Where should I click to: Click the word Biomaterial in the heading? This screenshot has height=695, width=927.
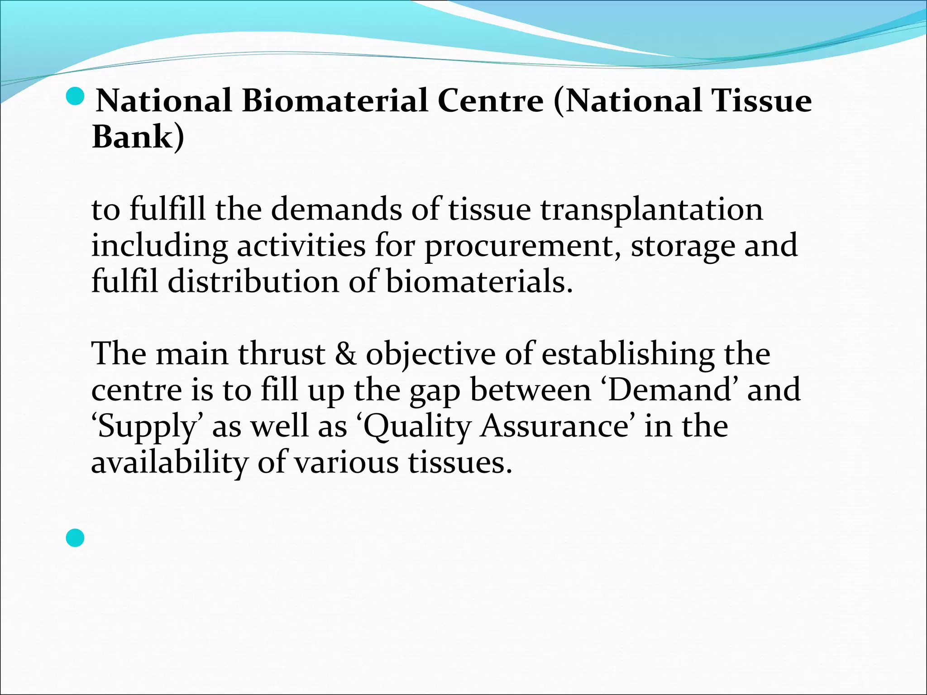click(334, 100)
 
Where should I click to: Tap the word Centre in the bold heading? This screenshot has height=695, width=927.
click(490, 100)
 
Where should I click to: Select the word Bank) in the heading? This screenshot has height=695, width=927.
click(138, 137)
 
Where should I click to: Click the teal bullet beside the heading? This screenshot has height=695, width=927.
click(75, 96)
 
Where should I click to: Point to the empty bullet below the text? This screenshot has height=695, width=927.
click(75, 538)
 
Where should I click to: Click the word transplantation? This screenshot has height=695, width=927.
click(652, 210)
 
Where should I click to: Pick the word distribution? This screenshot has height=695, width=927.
click(253, 281)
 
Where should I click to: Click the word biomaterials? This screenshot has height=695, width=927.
click(479, 281)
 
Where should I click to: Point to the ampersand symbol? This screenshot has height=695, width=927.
click(345, 354)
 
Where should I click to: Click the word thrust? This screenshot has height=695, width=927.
click(282, 354)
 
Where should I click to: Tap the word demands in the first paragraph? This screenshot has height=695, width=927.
click(336, 210)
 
